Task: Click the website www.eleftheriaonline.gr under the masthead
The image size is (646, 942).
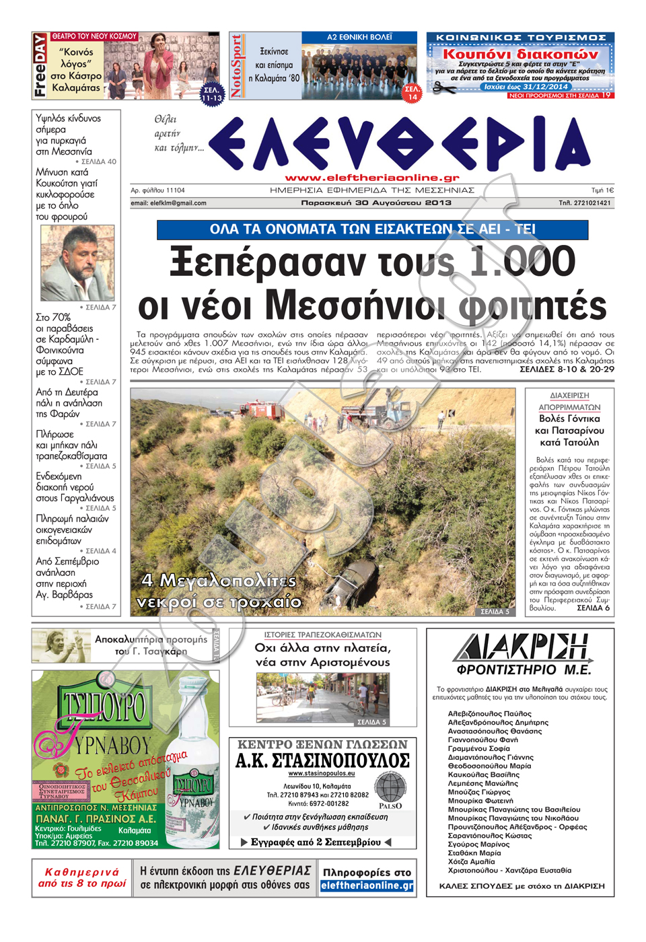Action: (372, 178)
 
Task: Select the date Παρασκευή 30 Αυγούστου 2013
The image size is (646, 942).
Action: (376, 203)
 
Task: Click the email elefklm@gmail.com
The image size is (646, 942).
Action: (168, 203)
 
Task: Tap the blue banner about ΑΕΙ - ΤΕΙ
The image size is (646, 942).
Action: (372, 229)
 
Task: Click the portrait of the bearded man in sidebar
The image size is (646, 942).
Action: (77, 263)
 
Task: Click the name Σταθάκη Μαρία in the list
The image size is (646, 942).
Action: (474, 853)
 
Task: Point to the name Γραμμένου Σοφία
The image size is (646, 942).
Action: (478, 748)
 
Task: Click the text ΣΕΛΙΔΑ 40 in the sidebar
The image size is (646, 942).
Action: (98, 161)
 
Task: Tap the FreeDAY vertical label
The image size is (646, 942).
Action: (40, 65)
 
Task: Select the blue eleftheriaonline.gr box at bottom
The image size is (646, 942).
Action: (367, 885)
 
